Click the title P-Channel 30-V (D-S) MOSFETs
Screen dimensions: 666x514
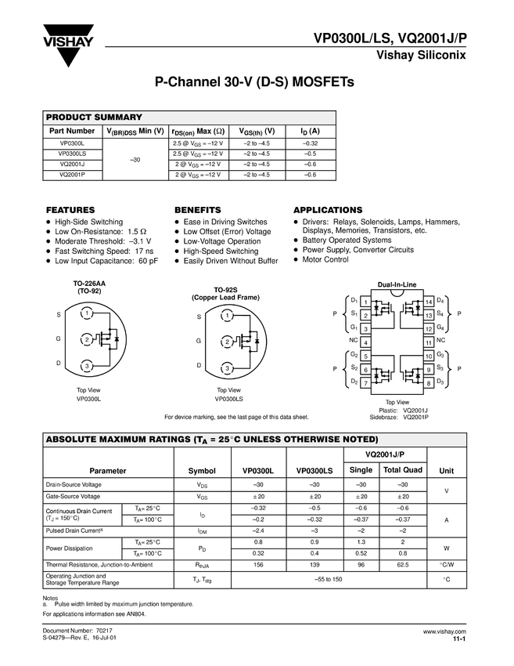(256, 81)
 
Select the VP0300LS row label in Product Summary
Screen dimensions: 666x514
(73, 154)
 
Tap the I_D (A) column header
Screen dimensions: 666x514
(310, 131)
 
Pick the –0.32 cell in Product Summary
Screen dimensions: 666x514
(310, 143)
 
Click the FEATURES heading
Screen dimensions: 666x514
(70, 210)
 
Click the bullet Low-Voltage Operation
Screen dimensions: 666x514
(221, 241)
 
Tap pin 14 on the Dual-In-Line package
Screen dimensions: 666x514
(429, 302)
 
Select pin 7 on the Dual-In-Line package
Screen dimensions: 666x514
(366, 382)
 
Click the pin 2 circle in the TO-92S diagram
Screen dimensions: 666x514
(227, 342)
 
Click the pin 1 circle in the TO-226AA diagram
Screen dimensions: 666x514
(87, 313)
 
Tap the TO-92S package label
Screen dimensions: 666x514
(226, 290)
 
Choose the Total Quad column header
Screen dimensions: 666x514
(402, 469)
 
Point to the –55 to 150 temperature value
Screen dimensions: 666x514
(329, 578)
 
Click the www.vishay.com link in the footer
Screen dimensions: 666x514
(444, 631)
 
